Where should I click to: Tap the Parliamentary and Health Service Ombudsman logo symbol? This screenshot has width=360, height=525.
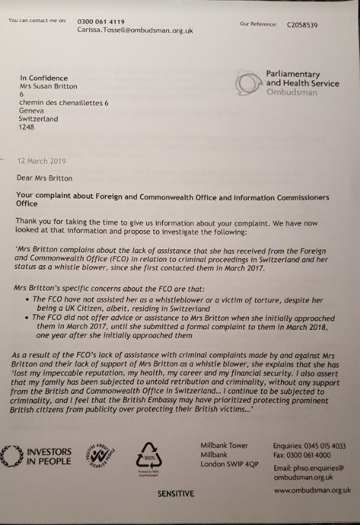[248, 84]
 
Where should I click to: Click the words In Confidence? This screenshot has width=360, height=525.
[42, 78]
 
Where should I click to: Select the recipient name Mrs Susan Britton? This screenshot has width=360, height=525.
[48, 87]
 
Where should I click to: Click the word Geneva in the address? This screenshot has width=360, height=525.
[32, 111]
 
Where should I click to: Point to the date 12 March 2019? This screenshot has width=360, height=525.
[42, 161]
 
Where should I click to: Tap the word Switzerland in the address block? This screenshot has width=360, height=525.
[38, 119]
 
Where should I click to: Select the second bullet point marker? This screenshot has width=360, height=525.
[25, 317]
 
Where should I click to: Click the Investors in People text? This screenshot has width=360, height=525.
[48, 456]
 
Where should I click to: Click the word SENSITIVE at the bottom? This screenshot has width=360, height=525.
[176, 493]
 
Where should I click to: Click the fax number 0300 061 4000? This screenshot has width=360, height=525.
[308, 454]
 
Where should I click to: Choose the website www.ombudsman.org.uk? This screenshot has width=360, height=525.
[312, 490]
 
